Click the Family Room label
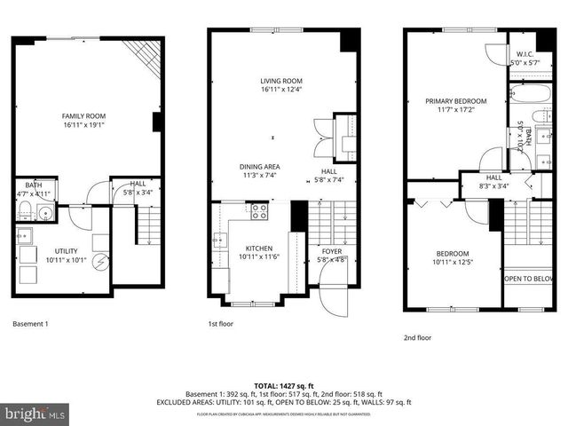click(83, 116)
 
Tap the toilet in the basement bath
click(26, 210)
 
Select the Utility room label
click(67, 253)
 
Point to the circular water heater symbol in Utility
click(100, 262)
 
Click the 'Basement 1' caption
click(30, 324)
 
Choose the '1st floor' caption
click(222, 324)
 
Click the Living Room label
click(282, 80)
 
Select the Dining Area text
click(259, 166)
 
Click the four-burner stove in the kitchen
click(259, 211)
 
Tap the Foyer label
click(330, 251)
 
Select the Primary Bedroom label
click(450, 101)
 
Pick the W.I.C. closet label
click(524, 54)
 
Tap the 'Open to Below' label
click(530, 278)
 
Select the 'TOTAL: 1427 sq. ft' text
click(283, 385)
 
